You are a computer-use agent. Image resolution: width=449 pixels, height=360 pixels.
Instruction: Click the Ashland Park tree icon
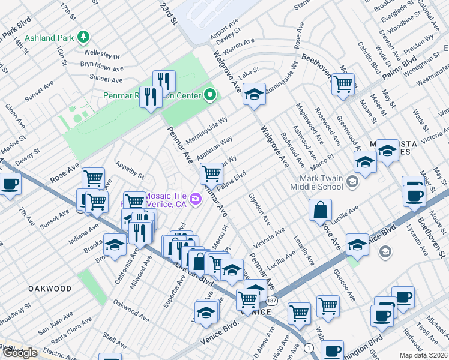pos(85,37)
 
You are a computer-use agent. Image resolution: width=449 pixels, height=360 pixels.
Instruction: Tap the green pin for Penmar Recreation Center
pos(210,95)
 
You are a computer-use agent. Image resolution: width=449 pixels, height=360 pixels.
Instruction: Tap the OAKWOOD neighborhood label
pos(50,289)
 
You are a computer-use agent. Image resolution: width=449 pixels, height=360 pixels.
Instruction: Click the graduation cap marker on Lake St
pos(255,94)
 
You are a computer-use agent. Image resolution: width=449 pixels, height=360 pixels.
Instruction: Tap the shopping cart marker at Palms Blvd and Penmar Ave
pos(211,173)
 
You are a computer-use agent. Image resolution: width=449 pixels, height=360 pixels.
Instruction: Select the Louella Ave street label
pos(304,251)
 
